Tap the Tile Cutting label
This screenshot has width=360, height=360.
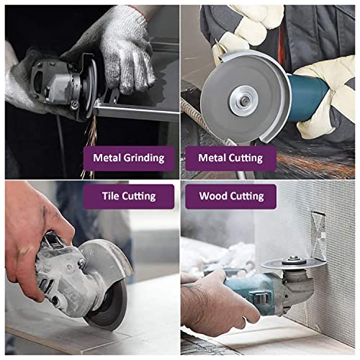[129, 196]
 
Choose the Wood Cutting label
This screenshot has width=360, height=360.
[231, 196]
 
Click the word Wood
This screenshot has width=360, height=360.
[213, 196]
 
